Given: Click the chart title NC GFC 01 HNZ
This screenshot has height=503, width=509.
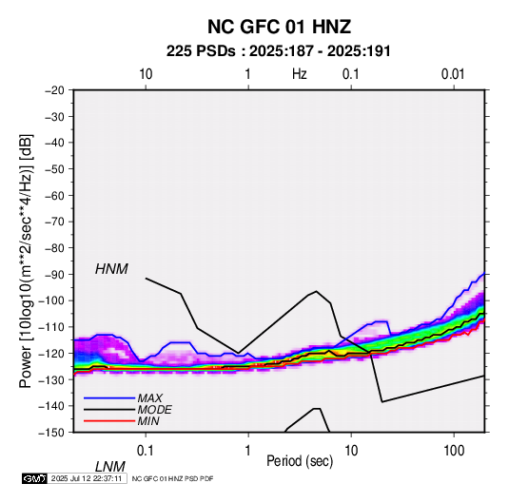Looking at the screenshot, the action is (x=279, y=27).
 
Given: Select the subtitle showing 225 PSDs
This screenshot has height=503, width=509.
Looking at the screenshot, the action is (x=278, y=51).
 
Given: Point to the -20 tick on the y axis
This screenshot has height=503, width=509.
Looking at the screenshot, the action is (x=54, y=90).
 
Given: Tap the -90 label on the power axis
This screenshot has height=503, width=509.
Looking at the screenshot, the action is (x=54, y=275).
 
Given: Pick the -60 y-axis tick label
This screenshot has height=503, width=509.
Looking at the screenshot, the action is (x=54, y=195).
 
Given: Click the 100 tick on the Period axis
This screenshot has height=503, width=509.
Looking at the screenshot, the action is (x=454, y=451).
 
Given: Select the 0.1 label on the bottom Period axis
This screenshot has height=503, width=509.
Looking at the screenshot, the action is (x=146, y=451).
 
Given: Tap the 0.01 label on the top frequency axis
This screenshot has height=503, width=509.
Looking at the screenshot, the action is (x=453, y=74).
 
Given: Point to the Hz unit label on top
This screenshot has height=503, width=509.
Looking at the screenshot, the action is (x=300, y=74).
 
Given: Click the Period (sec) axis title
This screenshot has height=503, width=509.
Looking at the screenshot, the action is (x=300, y=461).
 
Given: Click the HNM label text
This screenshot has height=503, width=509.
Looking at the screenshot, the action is (x=111, y=269).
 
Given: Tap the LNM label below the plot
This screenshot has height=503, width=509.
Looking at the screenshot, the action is (x=109, y=467).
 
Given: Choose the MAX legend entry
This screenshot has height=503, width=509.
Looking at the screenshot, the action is (x=149, y=398).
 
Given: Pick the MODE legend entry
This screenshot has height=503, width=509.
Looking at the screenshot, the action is (x=154, y=410).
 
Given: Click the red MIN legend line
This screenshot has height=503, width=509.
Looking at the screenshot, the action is (x=109, y=421).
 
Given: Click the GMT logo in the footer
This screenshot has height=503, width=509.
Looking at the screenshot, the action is (x=35, y=478).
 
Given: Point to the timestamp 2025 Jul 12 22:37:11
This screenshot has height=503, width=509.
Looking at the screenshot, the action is (x=87, y=478).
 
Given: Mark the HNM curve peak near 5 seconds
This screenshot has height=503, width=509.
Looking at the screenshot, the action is (x=316, y=291).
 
